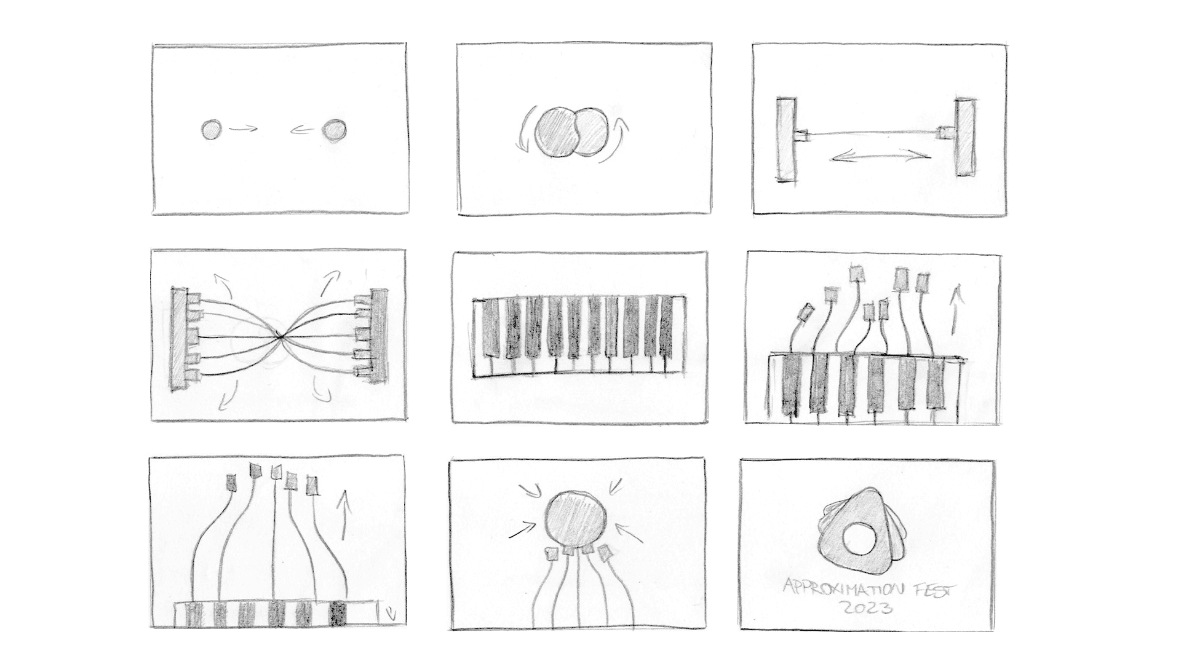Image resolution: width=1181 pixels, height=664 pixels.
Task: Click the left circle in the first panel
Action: coord(211,130)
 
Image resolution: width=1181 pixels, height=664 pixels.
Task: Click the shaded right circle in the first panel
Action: coord(334,130)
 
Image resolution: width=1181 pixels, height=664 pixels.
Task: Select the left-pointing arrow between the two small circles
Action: coord(303,130)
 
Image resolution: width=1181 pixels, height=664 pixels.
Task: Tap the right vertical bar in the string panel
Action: coord(964,138)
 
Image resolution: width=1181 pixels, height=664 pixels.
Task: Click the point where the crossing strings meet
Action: coord(279,336)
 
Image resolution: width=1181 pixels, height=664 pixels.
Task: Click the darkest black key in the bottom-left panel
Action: coord(338,613)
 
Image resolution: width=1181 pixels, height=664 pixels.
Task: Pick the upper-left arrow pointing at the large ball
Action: coord(530,490)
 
